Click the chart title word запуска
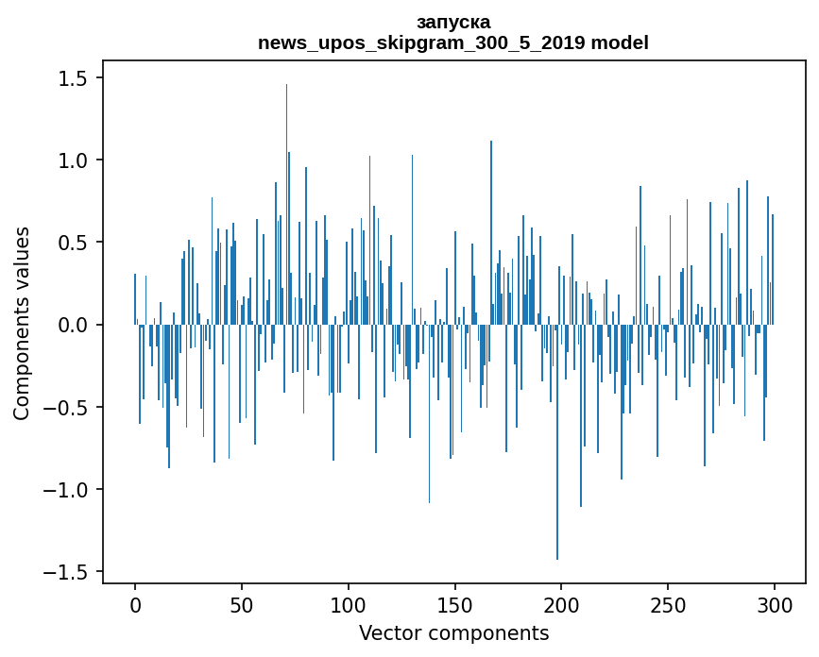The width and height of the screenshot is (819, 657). (453, 23)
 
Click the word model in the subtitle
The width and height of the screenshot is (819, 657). (620, 42)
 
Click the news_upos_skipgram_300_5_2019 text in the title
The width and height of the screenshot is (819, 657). (421, 43)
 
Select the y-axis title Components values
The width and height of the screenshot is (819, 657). (22, 324)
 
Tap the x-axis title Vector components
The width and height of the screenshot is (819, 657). (453, 633)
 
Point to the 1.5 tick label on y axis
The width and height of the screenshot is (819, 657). (74, 77)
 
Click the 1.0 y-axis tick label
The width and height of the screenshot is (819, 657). (74, 160)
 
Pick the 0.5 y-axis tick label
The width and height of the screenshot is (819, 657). (74, 243)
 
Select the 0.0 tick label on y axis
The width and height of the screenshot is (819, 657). (74, 325)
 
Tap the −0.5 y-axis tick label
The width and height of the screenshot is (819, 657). (66, 407)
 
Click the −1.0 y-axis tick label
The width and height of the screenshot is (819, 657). (66, 490)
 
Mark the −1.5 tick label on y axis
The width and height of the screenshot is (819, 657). (66, 572)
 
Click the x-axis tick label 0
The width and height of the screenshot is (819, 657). (135, 605)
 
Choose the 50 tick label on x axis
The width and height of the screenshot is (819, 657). (241, 605)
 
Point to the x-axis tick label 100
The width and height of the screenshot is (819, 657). (348, 605)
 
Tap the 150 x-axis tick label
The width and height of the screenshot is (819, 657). (454, 605)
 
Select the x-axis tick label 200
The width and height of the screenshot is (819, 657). (561, 605)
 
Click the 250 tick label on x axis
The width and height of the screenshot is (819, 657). (668, 605)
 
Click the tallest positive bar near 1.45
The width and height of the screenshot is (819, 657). (286, 204)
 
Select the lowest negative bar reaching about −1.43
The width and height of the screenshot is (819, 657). (557, 442)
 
